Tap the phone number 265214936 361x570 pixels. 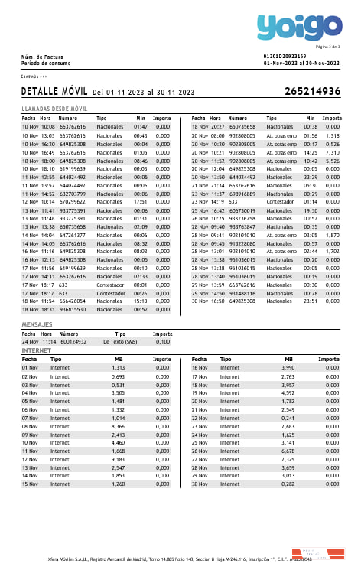pos(312,92)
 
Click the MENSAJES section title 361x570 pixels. pos(37,325)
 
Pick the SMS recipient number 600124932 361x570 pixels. pos(73,342)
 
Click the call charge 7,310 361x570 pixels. pos(332,152)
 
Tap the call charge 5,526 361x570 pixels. pos(332,161)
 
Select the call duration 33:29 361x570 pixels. pos(310,177)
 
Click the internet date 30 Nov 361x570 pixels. pos(200,484)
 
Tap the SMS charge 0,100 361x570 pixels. pos(162,342)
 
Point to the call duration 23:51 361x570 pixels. pos(310,301)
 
